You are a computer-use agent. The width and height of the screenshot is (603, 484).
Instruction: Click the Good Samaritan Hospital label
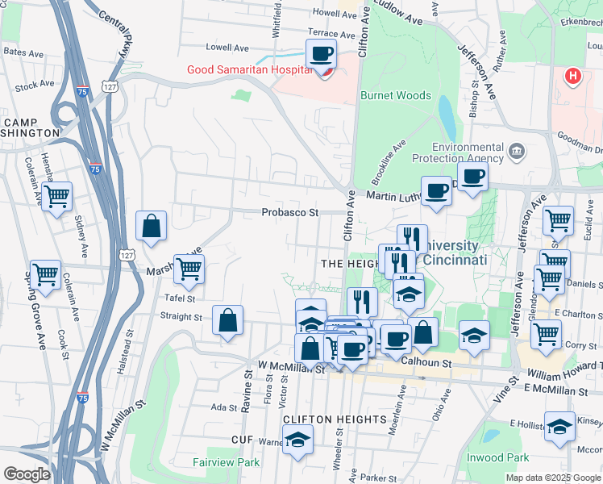250,69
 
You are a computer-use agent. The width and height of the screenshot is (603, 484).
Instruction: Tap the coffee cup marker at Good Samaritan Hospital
321,54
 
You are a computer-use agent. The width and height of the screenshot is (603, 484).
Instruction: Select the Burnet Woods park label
396,95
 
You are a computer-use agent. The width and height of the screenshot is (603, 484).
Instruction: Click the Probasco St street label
290,213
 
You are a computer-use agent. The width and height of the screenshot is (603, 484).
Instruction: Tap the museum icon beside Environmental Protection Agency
517,150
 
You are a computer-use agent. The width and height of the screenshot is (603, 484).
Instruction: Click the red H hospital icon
573,77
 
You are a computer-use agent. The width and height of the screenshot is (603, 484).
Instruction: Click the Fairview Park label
227,462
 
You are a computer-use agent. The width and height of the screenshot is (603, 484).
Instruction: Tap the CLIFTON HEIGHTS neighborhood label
335,419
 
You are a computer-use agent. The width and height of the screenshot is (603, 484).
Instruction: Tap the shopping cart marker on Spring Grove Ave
45,274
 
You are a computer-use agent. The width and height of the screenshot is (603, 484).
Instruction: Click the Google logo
27,474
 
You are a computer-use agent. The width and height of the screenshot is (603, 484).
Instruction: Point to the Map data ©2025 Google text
552,478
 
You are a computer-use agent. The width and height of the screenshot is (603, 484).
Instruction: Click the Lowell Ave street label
227,48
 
